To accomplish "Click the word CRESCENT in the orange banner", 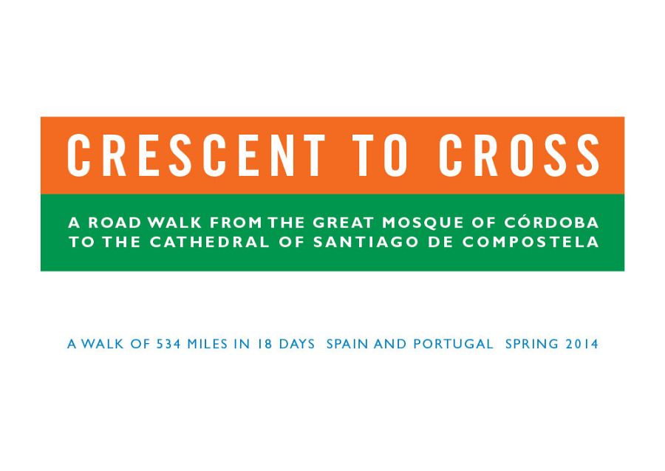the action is click(x=197, y=155).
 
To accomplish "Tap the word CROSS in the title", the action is click(x=519, y=155).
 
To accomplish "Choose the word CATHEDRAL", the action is click(x=210, y=242).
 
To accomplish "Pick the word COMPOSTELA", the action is click(x=531, y=242).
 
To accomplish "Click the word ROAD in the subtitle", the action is click(x=115, y=223).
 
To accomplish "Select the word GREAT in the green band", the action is click(x=343, y=223).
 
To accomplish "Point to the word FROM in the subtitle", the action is click(x=236, y=223).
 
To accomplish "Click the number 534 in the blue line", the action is click(x=168, y=344).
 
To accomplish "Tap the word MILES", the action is click(x=208, y=344).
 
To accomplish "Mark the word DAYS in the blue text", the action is click(x=297, y=344).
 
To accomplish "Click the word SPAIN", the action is click(x=347, y=344).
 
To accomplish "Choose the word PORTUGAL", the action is click(x=453, y=344).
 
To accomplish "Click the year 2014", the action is click(x=582, y=344).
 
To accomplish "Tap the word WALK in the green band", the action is click(x=174, y=223).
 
